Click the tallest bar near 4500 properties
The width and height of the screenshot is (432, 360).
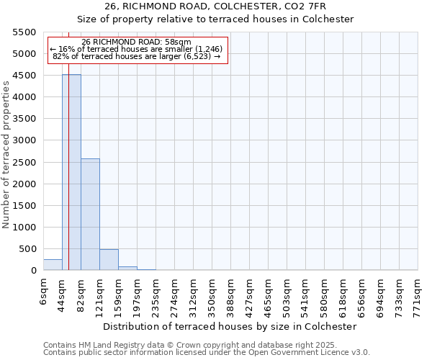[x=71, y=173]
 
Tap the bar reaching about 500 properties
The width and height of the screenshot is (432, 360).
[x=109, y=260]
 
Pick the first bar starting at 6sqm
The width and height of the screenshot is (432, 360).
[x=53, y=265]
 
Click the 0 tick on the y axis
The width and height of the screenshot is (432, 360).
[x=33, y=271]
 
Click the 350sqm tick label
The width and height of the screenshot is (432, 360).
[x=212, y=292]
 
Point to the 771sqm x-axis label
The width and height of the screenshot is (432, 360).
[x=418, y=292]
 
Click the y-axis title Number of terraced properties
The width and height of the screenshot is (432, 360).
[x=6, y=155]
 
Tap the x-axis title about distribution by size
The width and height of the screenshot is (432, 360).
[x=230, y=326]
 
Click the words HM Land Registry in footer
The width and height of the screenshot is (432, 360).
[x=102, y=345]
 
